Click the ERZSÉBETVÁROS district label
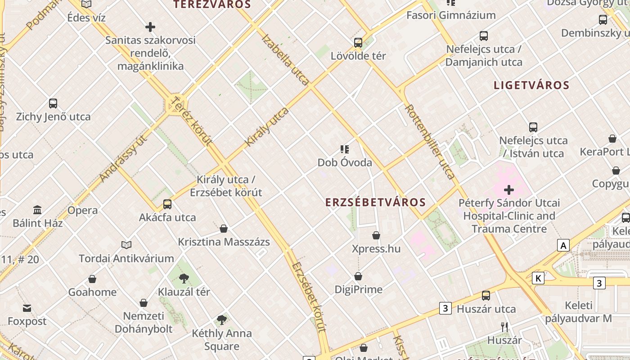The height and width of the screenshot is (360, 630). pyautogui.click(x=375, y=202)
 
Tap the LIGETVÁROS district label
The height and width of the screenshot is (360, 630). pyautogui.click(x=531, y=85)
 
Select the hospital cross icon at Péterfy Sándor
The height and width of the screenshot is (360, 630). pyautogui.click(x=509, y=190)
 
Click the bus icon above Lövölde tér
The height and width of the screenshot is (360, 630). pyautogui.click(x=358, y=43)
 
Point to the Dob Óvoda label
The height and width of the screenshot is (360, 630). pyautogui.click(x=345, y=162)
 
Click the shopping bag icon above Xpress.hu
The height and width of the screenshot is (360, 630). pyautogui.click(x=376, y=235)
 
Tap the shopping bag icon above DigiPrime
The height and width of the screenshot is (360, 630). pyautogui.click(x=358, y=276)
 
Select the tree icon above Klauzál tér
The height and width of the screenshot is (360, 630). pyautogui.click(x=184, y=279)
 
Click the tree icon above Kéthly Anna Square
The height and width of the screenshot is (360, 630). pyautogui.click(x=221, y=320)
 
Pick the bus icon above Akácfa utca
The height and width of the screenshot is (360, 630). pyautogui.click(x=167, y=204)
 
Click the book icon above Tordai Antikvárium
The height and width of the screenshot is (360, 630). pyautogui.click(x=126, y=245)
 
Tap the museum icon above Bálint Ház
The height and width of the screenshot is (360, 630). pyautogui.click(x=37, y=210)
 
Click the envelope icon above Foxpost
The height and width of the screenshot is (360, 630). pyautogui.click(x=27, y=308)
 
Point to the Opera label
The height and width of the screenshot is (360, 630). pyautogui.click(x=82, y=210)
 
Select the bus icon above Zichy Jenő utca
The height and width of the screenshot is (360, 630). pyautogui.click(x=53, y=103)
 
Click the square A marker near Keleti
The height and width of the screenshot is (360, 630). pyautogui.click(x=563, y=246)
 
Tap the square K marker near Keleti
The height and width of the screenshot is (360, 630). pyautogui.click(x=538, y=278)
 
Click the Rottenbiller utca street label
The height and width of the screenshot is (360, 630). pyautogui.click(x=430, y=142)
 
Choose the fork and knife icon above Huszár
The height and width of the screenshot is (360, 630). pyautogui.click(x=504, y=327)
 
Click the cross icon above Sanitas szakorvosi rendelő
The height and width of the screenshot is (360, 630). pyautogui.click(x=150, y=27)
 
